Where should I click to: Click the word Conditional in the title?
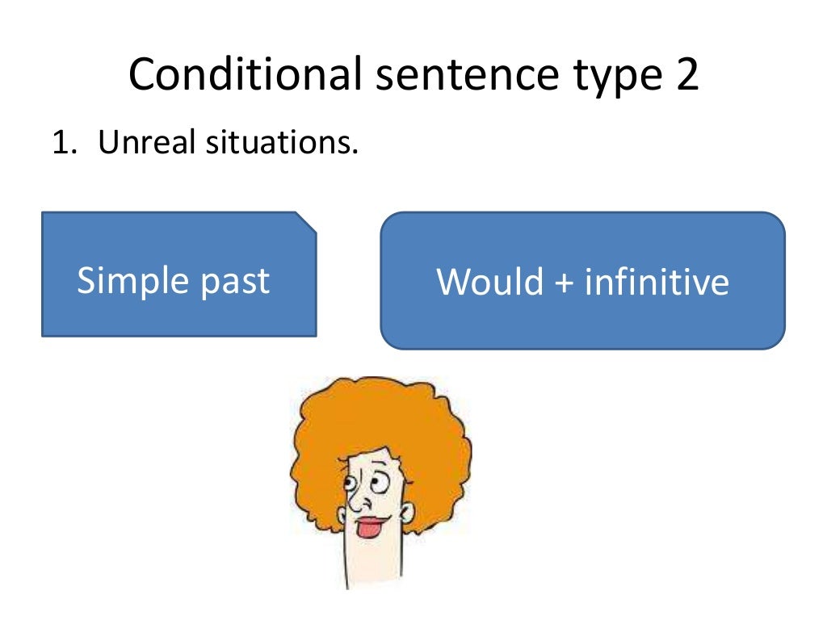point(244,74)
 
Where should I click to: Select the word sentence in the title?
point(463,74)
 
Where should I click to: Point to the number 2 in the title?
point(686,74)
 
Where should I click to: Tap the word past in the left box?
point(233,282)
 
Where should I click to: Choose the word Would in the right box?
point(490,282)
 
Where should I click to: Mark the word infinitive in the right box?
point(656,282)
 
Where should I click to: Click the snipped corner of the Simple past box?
point(306,221)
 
